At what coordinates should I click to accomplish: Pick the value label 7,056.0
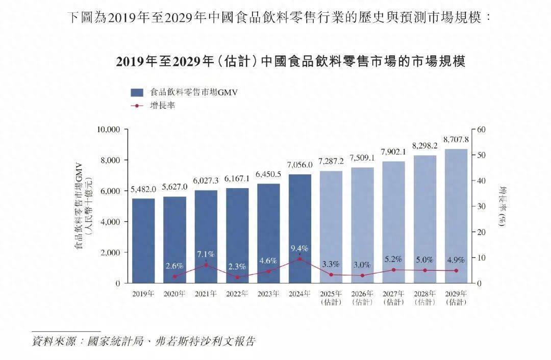point(300,165)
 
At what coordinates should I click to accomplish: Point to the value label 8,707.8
point(456,140)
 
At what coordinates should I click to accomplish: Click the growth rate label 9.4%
point(300,248)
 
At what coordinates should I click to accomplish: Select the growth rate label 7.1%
point(206,254)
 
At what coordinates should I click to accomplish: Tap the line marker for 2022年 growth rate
point(237,277)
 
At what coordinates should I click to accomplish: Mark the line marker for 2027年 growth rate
point(393,270)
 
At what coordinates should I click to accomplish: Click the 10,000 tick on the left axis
point(108,130)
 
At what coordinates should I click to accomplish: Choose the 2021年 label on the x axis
point(206,294)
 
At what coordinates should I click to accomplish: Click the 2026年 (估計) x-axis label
point(362,298)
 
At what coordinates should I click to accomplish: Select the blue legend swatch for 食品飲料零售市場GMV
point(137,92)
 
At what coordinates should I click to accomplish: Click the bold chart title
point(290,62)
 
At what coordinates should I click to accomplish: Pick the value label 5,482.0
point(143,189)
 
